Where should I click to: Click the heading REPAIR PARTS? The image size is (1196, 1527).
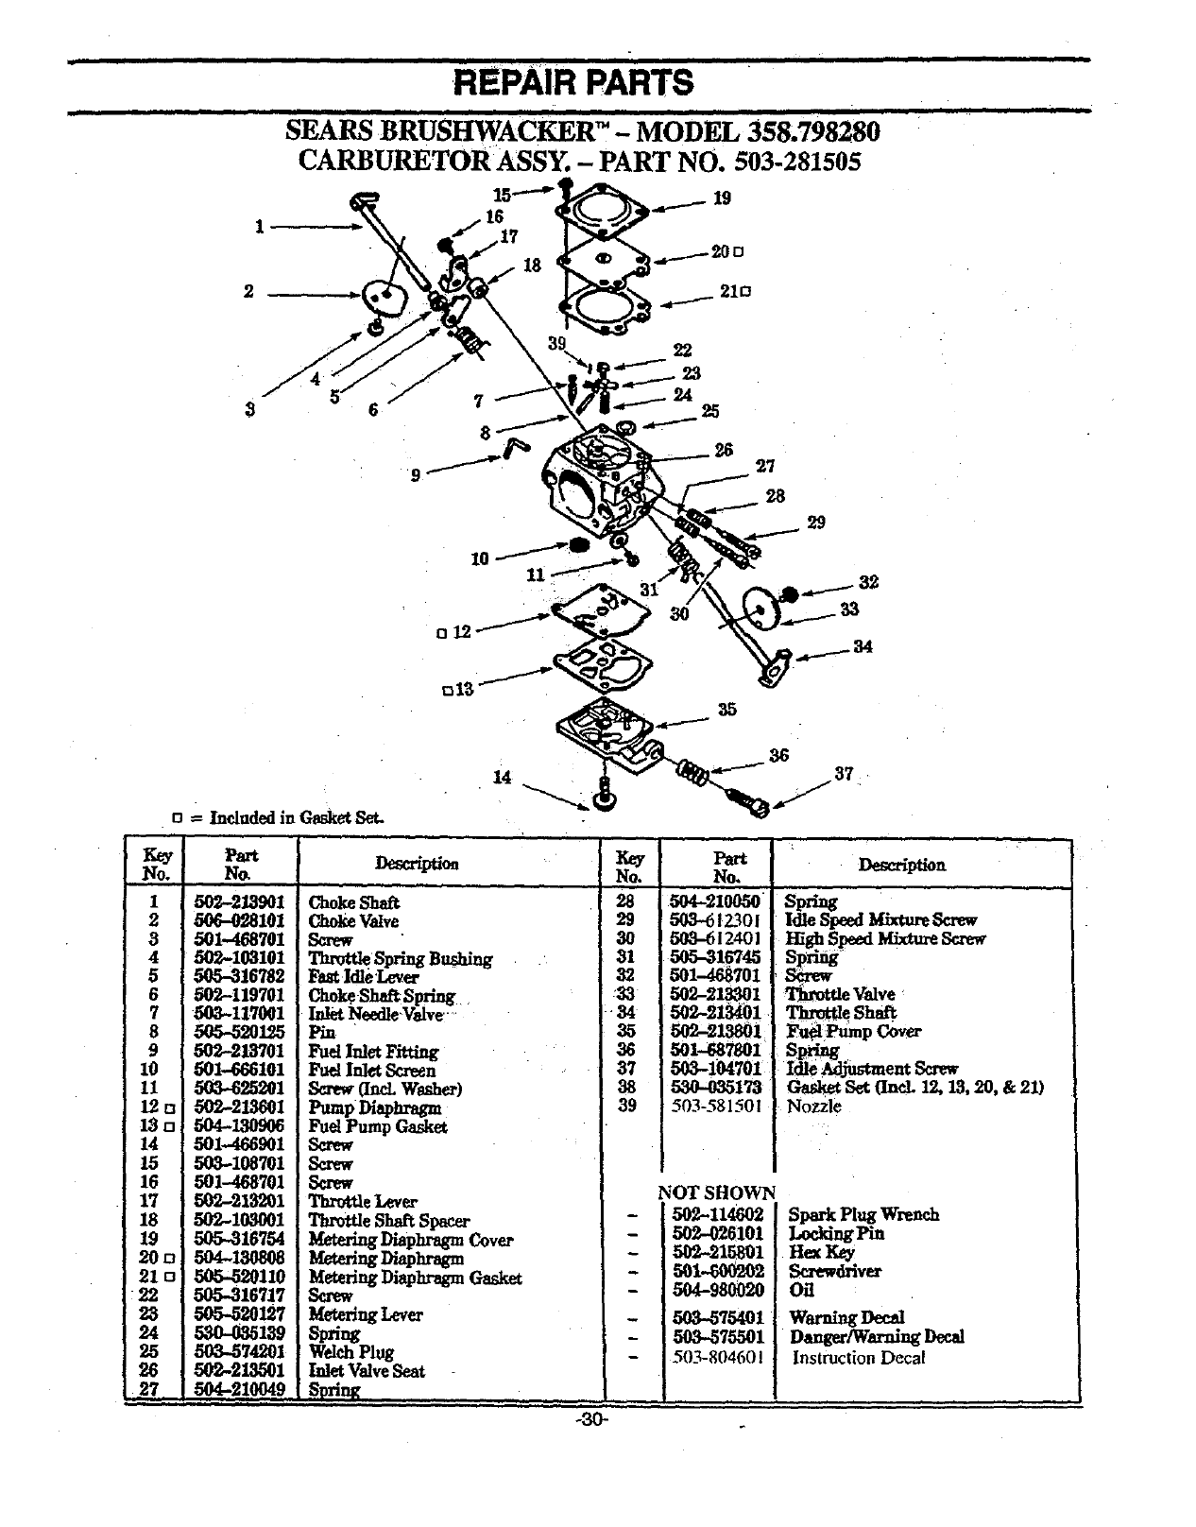click(x=573, y=83)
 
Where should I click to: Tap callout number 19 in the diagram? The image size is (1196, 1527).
click(x=722, y=198)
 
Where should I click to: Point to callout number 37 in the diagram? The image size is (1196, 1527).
click(x=844, y=774)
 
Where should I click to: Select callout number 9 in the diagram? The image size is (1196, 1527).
click(x=416, y=475)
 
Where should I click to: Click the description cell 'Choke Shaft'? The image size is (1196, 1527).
click(x=353, y=902)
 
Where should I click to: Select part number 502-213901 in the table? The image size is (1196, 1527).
click(x=239, y=902)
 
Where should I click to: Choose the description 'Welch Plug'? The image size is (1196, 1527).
click(x=350, y=1352)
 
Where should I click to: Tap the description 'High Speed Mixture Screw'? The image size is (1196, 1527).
click(x=884, y=938)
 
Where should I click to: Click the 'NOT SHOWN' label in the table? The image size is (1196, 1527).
click(x=716, y=1192)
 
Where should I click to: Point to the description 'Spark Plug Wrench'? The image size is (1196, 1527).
click(x=863, y=1214)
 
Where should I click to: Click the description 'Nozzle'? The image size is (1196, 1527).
click(x=813, y=1107)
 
